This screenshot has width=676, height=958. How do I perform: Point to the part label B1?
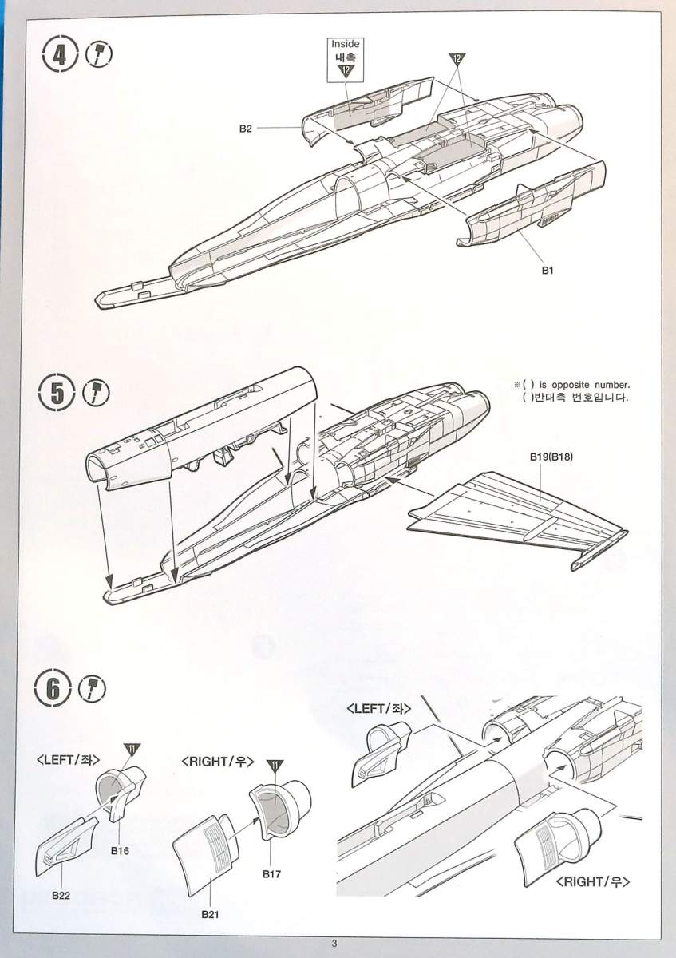click(x=548, y=271)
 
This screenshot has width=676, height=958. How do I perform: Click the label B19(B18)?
click(x=551, y=457)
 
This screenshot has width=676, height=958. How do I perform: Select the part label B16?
click(x=120, y=851)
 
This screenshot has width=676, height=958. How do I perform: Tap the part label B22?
click(x=61, y=895)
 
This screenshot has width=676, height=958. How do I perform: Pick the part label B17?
click(x=271, y=873)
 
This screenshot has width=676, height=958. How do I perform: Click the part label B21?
click(x=210, y=915)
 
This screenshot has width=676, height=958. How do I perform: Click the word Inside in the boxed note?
click(x=346, y=44)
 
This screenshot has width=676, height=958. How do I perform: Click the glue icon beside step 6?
click(x=93, y=687)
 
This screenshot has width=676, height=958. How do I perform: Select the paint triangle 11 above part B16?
click(x=132, y=748)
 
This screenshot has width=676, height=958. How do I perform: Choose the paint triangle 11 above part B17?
click(x=275, y=766)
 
